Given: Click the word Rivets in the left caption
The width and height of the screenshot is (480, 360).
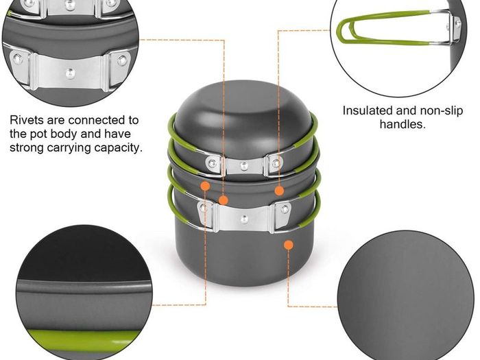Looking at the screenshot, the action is click(x=26, y=120).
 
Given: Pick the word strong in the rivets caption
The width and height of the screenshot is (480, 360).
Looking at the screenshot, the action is click(x=26, y=148).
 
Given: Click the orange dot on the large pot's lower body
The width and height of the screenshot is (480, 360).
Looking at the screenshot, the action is click(x=289, y=245).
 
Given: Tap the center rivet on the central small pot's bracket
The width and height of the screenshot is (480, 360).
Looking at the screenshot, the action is click(x=243, y=166).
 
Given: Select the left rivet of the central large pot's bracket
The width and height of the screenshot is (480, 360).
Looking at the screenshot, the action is click(x=203, y=208).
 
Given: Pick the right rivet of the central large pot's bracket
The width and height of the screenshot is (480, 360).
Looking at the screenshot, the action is click(x=285, y=209).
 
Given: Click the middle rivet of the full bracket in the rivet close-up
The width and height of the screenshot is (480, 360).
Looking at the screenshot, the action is click(x=71, y=73).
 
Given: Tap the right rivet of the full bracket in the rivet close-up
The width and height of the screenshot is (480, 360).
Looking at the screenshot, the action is click(x=123, y=60).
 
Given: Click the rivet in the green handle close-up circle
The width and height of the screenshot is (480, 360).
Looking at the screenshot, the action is click(x=457, y=23).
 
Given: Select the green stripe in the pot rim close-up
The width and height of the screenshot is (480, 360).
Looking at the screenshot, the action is click(x=83, y=337).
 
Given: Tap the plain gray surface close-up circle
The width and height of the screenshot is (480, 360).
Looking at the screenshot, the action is click(x=406, y=296).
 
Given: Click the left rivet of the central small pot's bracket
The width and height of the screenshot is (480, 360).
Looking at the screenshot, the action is click(x=212, y=162).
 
